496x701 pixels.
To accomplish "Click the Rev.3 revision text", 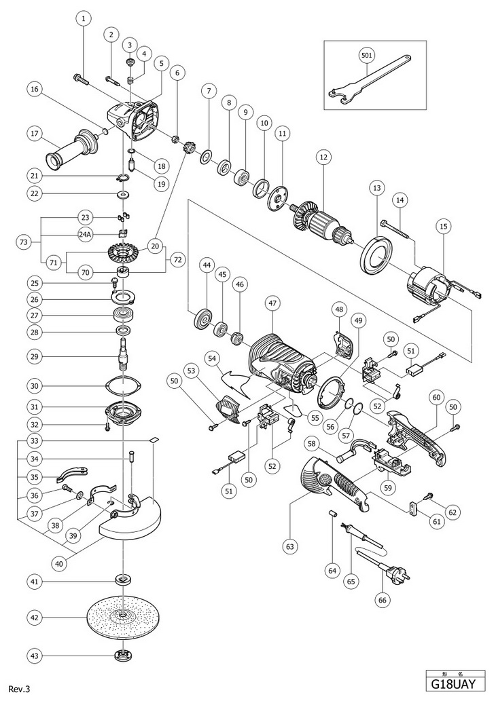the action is pos(19,689).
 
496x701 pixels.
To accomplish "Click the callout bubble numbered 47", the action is pos(272,303).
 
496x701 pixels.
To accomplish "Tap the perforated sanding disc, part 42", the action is pos(122,618).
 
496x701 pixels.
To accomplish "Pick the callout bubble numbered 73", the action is pos(24,242).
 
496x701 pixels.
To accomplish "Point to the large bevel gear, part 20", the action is pos(122,255).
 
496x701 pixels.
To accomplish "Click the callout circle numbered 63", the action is pos(291,546).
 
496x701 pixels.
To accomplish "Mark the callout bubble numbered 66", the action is pos(382,599).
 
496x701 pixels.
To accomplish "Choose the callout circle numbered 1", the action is pos(84,18).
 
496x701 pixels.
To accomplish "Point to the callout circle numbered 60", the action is pos(436,396).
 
